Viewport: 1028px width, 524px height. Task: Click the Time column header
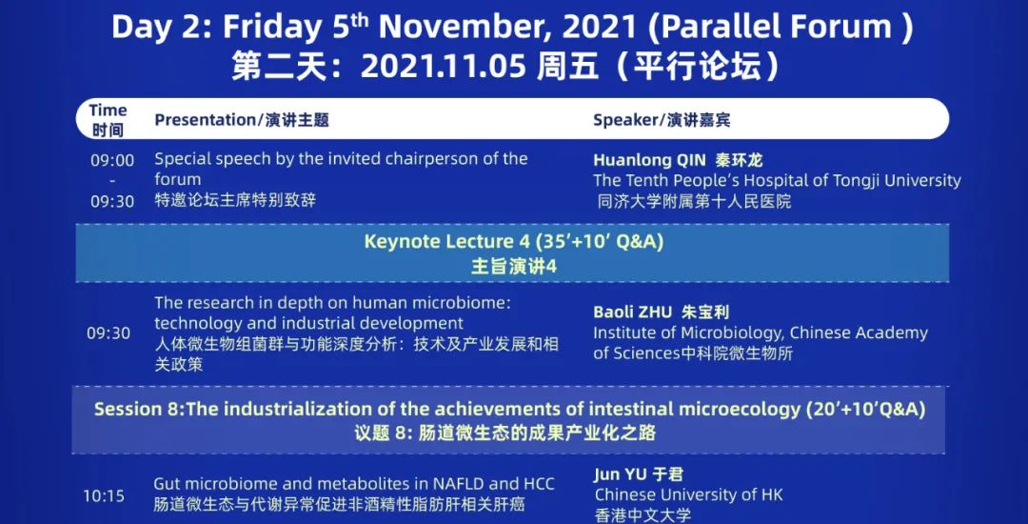(109, 111)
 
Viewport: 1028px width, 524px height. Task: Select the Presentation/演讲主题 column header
(241, 120)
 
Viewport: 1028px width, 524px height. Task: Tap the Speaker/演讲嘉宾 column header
(662, 120)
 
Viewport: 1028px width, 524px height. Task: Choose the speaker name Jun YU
(616, 474)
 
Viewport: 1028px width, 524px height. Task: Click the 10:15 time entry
(104, 496)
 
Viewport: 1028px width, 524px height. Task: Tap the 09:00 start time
(112, 160)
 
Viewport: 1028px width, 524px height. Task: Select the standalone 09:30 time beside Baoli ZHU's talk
(109, 333)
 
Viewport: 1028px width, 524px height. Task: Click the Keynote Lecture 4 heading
(446, 242)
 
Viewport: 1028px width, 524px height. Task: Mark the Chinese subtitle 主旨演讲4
(514, 267)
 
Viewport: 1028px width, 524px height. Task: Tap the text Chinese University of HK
(689, 494)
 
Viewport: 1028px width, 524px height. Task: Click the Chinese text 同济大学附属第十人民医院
(694, 201)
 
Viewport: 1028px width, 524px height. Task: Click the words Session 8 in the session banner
(138, 410)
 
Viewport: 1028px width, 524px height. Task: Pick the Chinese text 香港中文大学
(643, 515)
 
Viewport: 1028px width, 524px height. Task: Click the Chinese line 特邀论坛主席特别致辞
(235, 200)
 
